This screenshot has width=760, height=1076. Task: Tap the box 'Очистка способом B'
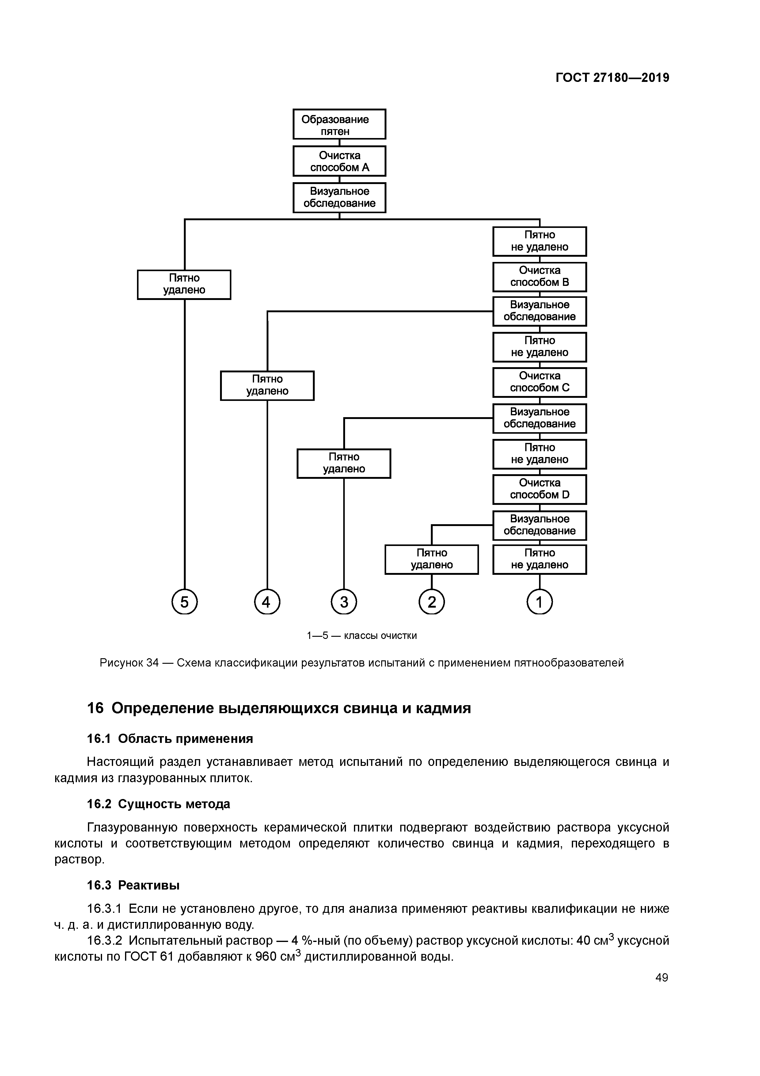[x=539, y=276]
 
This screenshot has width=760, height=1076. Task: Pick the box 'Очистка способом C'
[x=539, y=382]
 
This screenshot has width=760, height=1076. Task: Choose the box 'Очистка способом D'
[x=539, y=489]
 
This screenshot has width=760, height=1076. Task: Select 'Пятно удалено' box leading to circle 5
[x=184, y=284]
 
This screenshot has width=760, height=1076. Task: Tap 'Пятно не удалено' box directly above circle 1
[x=539, y=559]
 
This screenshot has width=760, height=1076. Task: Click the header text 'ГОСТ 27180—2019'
[x=612, y=78]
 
